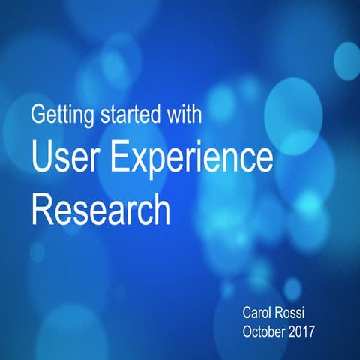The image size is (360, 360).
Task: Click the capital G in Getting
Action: pos(37,116)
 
